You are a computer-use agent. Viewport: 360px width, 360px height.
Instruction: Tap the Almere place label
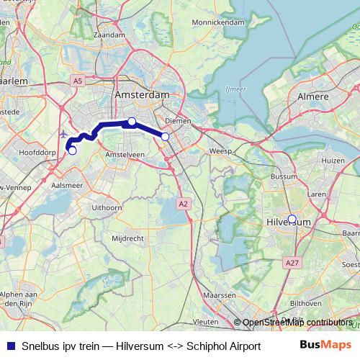pos(313,96)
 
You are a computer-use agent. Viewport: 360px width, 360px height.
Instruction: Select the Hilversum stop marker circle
pos(292,219)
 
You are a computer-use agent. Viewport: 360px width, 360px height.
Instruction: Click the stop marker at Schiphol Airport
pos(72,150)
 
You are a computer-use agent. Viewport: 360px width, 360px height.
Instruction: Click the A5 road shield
pos(77,83)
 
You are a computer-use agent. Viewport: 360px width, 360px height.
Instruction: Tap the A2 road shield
pos(184,204)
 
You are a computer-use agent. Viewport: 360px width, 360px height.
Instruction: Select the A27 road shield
pos(292,264)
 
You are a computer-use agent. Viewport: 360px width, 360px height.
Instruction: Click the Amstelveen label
pos(125,155)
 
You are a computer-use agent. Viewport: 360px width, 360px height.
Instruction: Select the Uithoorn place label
pos(106,207)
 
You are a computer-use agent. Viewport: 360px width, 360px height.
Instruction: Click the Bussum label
pos(279,176)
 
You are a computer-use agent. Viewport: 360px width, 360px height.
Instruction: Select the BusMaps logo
pos(326,346)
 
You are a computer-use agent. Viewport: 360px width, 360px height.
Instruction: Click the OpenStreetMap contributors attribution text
pos(297,323)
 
